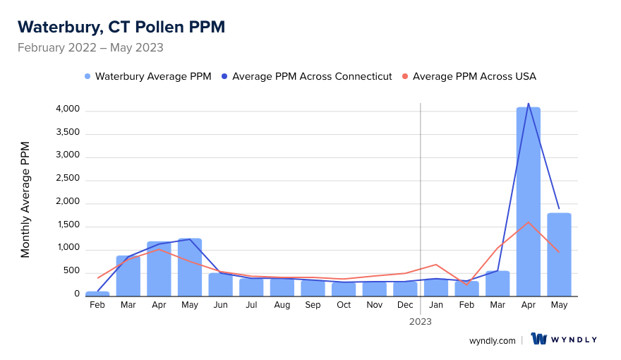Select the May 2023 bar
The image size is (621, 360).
(x=559, y=254)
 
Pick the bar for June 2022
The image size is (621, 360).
(x=220, y=284)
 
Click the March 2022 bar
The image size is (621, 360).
(x=128, y=275)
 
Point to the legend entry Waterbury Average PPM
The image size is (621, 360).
(x=147, y=76)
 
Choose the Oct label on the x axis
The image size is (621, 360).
(x=344, y=305)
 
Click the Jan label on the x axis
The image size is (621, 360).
(x=436, y=305)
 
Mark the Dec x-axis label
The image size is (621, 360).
(x=405, y=305)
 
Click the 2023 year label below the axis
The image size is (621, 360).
(x=421, y=321)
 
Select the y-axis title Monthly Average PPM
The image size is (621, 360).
(x=25, y=199)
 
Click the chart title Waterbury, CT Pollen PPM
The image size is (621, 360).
(x=121, y=27)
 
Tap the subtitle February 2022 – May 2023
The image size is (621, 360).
(x=90, y=48)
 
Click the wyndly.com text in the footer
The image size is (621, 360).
(x=493, y=340)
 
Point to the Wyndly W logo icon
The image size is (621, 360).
(x=539, y=339)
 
